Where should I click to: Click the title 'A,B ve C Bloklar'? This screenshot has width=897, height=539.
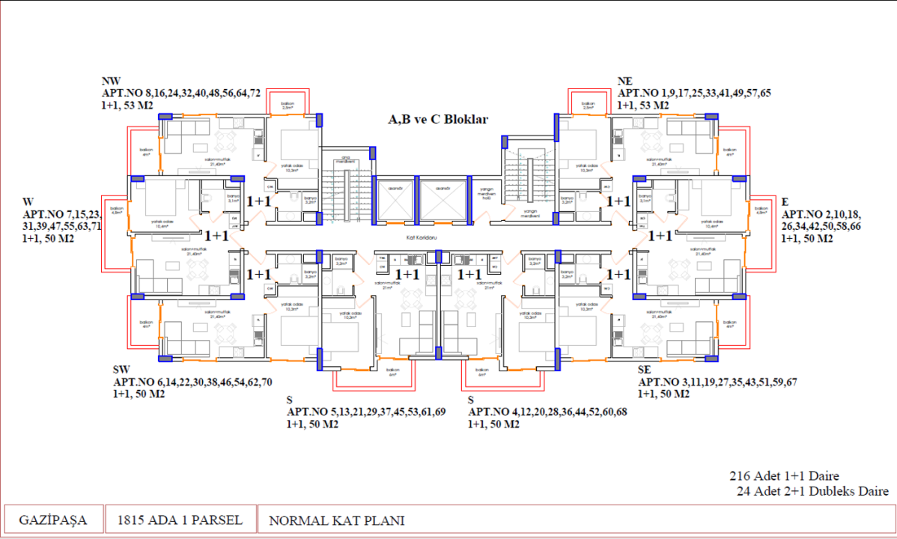point(437,120)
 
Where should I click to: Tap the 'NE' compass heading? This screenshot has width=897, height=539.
point(625,82)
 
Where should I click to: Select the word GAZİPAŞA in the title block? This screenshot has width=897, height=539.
point(52,520)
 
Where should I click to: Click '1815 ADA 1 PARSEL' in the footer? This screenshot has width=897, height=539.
point(179,520)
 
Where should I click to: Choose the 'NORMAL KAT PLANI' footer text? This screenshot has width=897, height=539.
point(336,520)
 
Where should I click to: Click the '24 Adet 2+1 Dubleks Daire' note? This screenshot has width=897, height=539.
point(812,491)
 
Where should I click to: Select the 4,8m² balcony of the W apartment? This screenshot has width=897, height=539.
point(115,210)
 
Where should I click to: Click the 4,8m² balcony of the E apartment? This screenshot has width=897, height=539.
point(761,211)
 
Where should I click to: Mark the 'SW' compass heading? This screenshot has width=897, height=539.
point(121,370)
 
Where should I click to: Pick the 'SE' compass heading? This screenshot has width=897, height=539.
point(645,370)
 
